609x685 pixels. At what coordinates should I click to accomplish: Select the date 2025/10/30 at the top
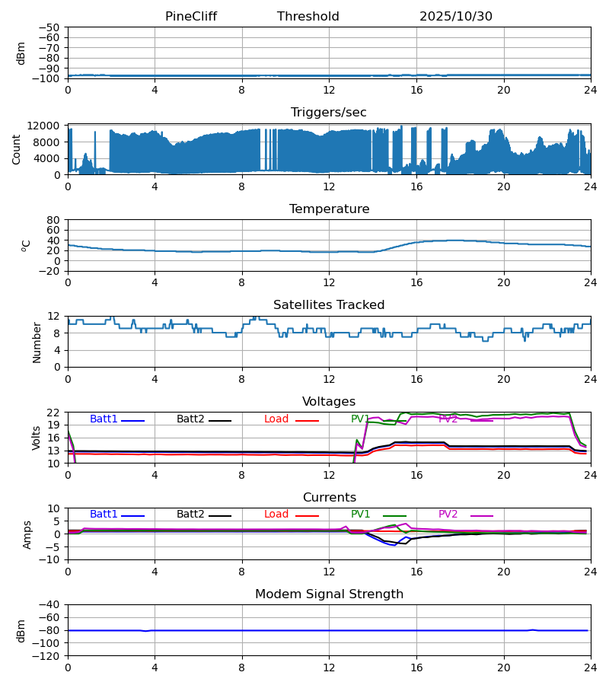456,17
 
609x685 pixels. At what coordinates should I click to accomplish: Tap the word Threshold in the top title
308,17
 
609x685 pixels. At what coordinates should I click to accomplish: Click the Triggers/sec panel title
329,113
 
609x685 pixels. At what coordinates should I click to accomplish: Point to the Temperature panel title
329,209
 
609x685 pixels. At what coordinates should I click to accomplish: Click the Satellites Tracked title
329,305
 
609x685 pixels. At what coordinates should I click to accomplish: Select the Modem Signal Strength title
329,594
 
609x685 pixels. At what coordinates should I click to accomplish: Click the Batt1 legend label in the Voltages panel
104,419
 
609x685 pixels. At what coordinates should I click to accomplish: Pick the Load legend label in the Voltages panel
276,419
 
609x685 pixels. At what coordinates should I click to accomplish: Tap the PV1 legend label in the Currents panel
361,515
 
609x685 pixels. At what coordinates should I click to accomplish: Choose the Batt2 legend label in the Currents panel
190,515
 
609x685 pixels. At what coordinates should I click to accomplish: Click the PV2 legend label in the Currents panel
448,515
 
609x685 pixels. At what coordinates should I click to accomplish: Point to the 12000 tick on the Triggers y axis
49,126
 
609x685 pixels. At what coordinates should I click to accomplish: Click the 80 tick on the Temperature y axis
54,220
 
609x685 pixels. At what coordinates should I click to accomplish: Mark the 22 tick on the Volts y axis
54,413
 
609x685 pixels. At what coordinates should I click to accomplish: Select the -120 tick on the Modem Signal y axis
49,656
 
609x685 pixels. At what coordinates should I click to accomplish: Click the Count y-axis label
17,149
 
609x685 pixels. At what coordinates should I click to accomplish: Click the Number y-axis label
37,342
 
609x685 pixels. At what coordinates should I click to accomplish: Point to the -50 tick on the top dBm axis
51,27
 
